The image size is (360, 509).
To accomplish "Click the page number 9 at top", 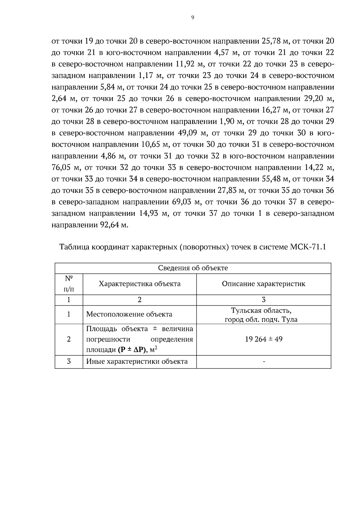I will pyautogui.click(x=193, y=18).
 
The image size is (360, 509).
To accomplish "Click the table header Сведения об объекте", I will pyautogui.click(x=193, y=268).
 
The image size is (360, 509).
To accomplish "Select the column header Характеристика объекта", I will pyautogui.click(x=139, y=284).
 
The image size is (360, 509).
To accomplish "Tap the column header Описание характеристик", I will pyautogui.click(x=263, y=284).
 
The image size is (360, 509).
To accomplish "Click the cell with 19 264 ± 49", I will pyautogui.click(x=263, y=339).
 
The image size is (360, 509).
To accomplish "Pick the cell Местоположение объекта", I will pyautogui.click(x=129, y=314).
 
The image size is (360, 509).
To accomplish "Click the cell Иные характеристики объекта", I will pyautogui.click(x=137, y=361).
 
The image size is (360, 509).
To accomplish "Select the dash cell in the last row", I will pyautogui.click(x=263, y=362).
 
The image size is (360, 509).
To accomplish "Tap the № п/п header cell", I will pyautogui.click(x=69, y=284).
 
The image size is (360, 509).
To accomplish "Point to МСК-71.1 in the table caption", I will pyautogui.click(x=308, y=247).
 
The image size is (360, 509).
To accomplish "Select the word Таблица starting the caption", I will pyautogui.click(x=74, y=247).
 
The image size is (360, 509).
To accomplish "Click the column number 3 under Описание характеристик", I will pyautogui.click(x=263, y=300).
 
